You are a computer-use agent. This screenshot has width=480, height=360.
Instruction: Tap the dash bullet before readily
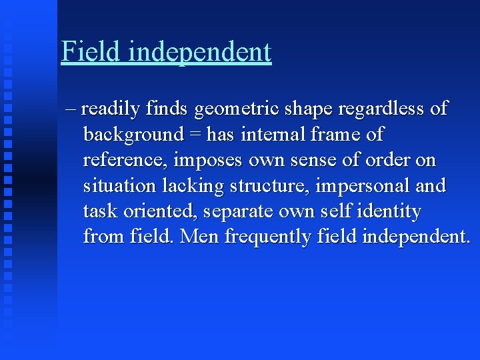pyautogui.click(x=71, y=109)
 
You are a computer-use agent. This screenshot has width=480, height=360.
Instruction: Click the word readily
pyautogui.click(x=112, y=109)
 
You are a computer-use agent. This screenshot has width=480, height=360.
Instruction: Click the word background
pyautogui.click(x=133, y=135)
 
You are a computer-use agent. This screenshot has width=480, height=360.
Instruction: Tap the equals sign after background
pyautogui.click(x=195, y=135)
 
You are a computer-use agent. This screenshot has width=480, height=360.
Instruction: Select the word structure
pyautogui.click(x=269, y=186)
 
